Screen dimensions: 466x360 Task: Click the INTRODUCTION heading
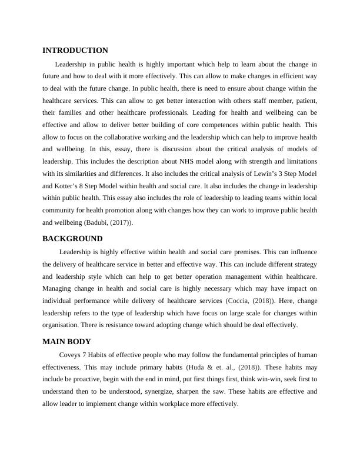[75, 51]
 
